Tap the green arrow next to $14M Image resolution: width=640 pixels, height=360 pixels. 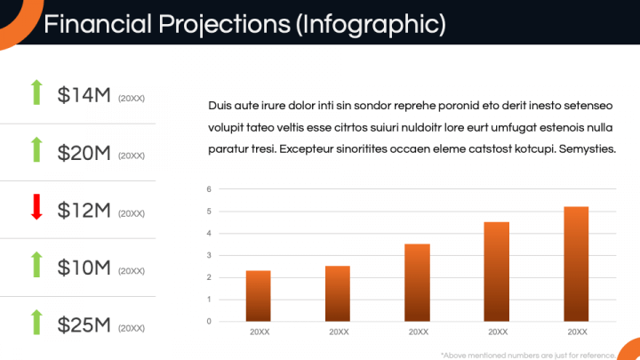(x=36, y=92)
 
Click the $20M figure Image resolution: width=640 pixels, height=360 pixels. (x=84, y=153)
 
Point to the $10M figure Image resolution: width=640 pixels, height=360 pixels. (x=84, y=268)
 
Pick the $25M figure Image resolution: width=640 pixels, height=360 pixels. (x=84, y=325)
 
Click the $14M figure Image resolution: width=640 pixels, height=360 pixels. (x=84, y=95)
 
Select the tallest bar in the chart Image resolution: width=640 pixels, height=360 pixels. (x=577, y=263)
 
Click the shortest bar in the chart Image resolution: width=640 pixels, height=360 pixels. (x=258, y=295)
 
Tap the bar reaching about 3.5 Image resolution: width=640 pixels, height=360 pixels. (x=418, y=282)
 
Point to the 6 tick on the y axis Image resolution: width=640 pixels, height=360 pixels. (x=208, y=189)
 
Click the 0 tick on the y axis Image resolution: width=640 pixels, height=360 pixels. (x=208, y=322)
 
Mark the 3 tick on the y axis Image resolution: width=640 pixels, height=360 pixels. (x=208, y=255)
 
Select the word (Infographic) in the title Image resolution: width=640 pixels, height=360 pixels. (x=372, y=24)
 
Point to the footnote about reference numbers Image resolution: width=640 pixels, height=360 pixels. (x=528, y=354)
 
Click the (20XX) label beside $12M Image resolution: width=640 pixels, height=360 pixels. (x=131, y=213)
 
